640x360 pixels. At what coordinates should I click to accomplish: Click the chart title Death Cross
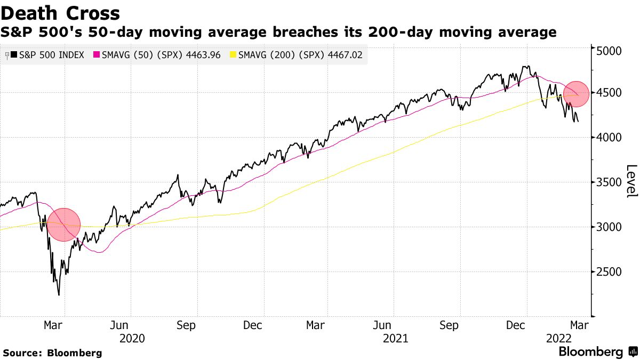click(x=60, y=12)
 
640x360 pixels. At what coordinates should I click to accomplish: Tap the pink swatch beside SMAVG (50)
click(x=97, y=55)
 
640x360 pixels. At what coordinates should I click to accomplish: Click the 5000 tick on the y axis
click(x=610, y=51)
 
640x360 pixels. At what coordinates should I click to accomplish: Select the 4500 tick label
click(x=610, y=93)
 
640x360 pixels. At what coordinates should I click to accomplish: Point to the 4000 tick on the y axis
click(x=610, y=138)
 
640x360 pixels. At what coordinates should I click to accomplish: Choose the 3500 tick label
click(x=610, y=182)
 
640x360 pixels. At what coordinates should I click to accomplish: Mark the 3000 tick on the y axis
click(x=610, y=227)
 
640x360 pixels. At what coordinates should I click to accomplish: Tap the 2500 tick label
click(x=610, y=272)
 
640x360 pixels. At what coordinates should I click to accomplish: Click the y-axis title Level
click(x=631, y=181)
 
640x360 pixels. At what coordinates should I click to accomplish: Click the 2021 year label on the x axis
click(x=395, y=338)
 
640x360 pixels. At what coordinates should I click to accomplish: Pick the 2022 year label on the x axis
click(x=559, y=338)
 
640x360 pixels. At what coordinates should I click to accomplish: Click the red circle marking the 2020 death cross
click(x=63, y=225)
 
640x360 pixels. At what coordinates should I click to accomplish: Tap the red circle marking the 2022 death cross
click(x=576, y=94)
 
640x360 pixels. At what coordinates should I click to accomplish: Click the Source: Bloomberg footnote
click(x=52, y=353)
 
